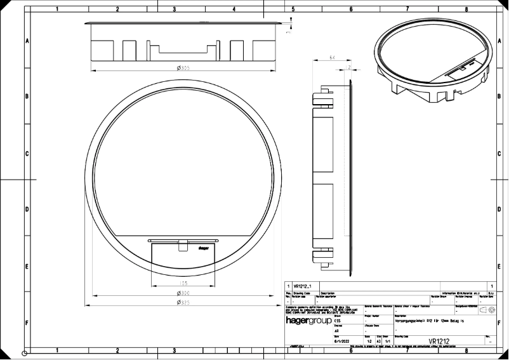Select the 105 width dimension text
(183, 284)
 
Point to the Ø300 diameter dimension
(183, 293)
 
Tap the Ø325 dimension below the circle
(183, 302)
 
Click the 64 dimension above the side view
(331, 58)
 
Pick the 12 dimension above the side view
(348, 66)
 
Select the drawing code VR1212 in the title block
(439, 342)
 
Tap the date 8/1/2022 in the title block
(342, 342)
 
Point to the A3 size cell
(378, 342)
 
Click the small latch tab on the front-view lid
(182, 244)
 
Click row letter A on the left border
(26, 41)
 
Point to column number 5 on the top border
(293, 10)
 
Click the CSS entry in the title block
(336, 322)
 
